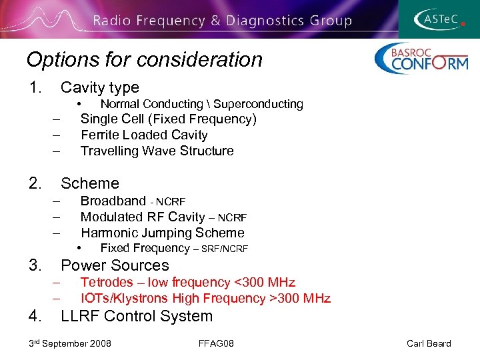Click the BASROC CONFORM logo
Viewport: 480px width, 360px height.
pos(421,59)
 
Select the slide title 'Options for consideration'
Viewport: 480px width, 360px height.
pos(144,60)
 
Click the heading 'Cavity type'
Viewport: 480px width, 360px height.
pos(99,87)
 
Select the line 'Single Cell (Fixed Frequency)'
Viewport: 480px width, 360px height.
pos(168,119)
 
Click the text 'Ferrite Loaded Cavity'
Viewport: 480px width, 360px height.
pos(144,135)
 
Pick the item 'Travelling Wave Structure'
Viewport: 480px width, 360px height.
pos(157,151)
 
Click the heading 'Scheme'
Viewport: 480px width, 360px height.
pos(89,183)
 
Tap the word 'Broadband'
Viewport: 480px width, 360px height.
pos(113,201)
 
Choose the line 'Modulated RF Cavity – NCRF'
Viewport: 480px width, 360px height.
pos(163,217)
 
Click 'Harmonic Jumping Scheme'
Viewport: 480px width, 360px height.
pos(162,233)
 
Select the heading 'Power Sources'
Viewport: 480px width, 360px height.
pos(115,265)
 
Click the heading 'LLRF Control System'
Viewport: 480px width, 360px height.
pos(136,317)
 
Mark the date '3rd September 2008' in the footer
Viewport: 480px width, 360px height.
pos(70,343)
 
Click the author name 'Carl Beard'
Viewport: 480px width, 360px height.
pos(428,343)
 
